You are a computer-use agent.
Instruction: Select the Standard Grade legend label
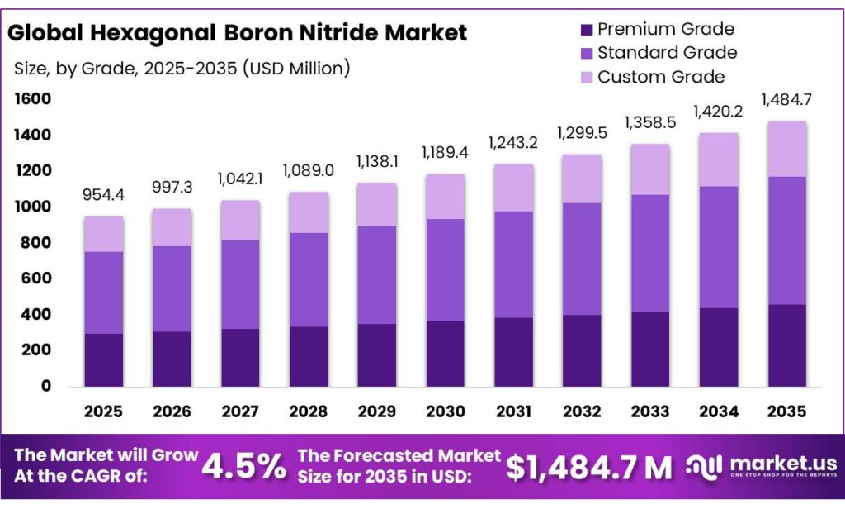pyautogui.click(x=667, y=53)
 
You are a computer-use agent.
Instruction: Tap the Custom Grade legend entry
pyautogui.click(x=660, y=77)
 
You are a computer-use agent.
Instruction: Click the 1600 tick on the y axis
pyautogui.click(x=32, y=99)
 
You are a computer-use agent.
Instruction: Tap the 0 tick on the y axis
pyautogui.click(x=46, y=386)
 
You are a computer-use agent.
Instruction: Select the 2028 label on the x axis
pyautogui.click(x=308, y=411)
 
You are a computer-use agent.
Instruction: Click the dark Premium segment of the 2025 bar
pyautogui.click(x=103, y=359)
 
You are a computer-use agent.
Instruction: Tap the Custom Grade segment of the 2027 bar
pyautogui.click(x=239, y=220)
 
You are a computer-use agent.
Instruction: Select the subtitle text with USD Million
pyautogui.click(x=182, y=69)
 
